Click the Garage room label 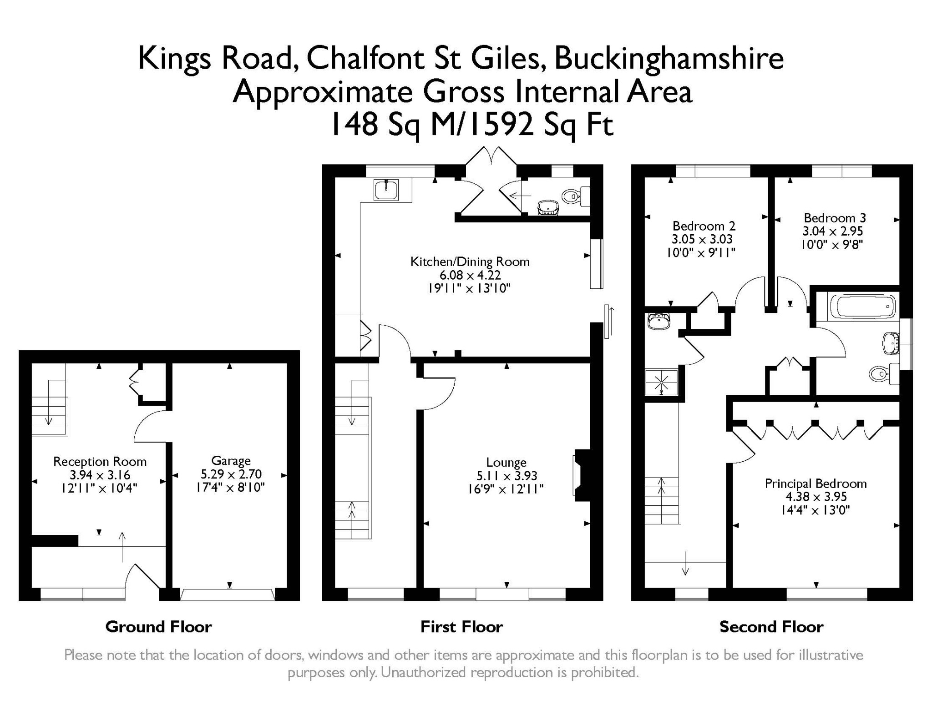point(231,461)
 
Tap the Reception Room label point(100,462)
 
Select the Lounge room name point(506,463)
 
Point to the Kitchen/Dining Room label point(470,262)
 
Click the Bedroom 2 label point(704,226)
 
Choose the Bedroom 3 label point(835,218)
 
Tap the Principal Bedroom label point(815,483)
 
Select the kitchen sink point(386,189)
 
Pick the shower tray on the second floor point(661,382)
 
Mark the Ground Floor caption point(158,627)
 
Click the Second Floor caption point(771,627)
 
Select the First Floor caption point(461,627)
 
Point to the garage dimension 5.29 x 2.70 point(231,474)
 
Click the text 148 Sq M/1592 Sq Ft point(471,124)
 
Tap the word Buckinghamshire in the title point(669,59)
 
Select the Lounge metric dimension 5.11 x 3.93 point(507,476)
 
